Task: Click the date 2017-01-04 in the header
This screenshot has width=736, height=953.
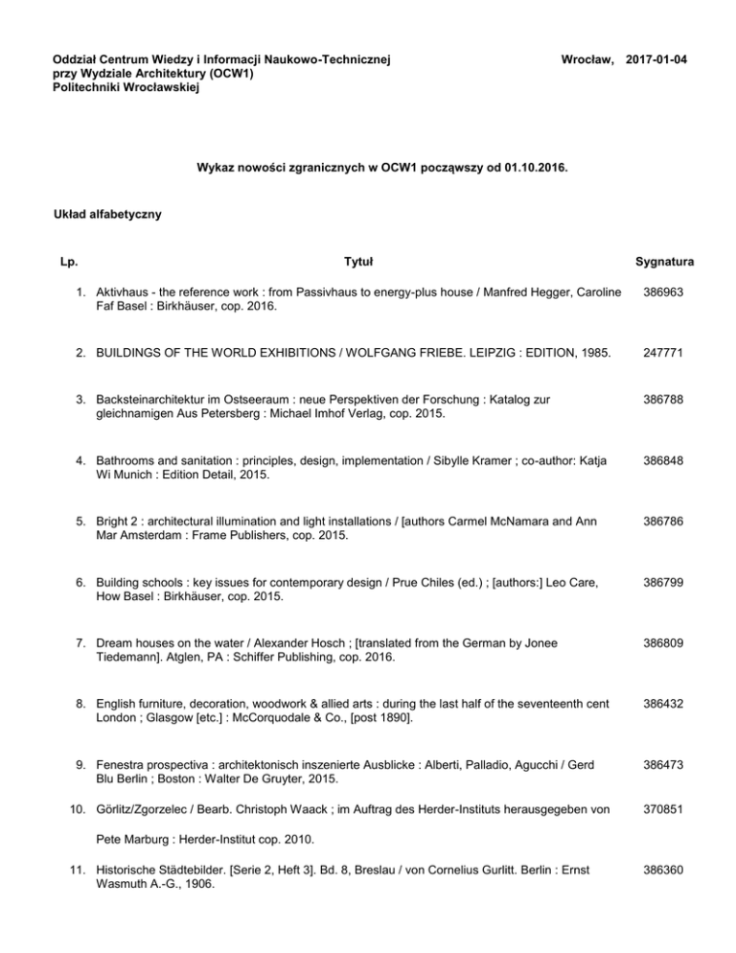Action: tap(655, 59)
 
